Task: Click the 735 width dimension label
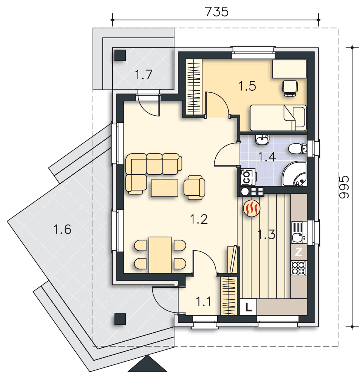(216, 12)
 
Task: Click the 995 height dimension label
(344, 187)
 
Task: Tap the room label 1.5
(247, 86)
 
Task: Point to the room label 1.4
(267, 157)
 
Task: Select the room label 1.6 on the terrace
(62, 229)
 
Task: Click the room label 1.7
(144, 74)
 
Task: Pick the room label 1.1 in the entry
(204, 302)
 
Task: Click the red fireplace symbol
(252, 208)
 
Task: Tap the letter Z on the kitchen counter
(299, 252)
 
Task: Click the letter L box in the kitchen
(249, 307)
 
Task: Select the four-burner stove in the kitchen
(299, 268)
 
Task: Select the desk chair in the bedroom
(290, 88)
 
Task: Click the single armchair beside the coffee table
(195, 187)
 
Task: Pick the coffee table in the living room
(165, 188)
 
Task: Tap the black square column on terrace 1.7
(120, 55)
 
